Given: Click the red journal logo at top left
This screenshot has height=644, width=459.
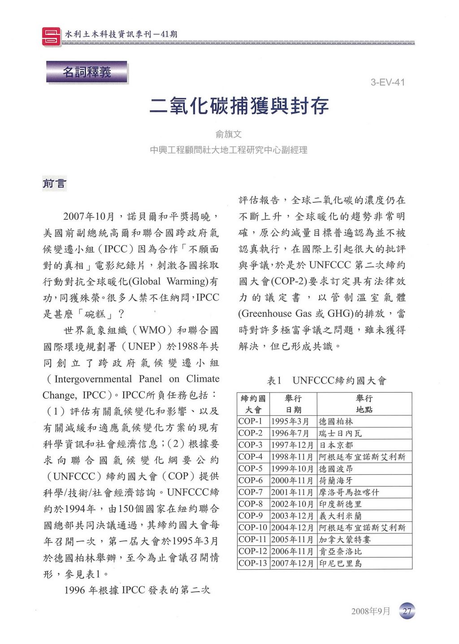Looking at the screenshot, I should point(51,36).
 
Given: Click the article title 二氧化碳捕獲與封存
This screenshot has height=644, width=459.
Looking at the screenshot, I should point(239,106).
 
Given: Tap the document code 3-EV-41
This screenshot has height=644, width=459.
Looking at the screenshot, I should point(387,82).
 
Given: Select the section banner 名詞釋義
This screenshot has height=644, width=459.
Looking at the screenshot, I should point(87,72).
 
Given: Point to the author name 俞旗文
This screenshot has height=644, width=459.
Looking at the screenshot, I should point(229,134).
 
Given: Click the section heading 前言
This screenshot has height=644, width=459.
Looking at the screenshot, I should point(55,183).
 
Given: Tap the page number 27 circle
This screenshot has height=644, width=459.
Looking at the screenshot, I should point(407,611).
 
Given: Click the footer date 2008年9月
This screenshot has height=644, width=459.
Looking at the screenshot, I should point(371,611).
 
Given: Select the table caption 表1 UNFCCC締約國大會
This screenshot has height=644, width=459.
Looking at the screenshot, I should point(326,381).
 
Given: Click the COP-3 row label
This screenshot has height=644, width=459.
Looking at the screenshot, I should point(251,445).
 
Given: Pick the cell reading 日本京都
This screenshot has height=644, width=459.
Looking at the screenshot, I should point(336,445).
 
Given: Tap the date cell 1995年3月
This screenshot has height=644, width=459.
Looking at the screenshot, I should point(290,422).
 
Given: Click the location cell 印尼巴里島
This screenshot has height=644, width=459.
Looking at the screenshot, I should point(340,563).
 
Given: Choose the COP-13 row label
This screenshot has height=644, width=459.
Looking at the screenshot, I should point(253,563).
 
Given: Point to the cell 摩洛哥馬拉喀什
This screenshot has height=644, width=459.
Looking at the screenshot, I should point(349,492).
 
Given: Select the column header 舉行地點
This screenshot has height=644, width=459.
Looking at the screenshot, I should point(364,404).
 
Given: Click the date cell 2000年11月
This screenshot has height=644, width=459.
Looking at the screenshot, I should point(292,480).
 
